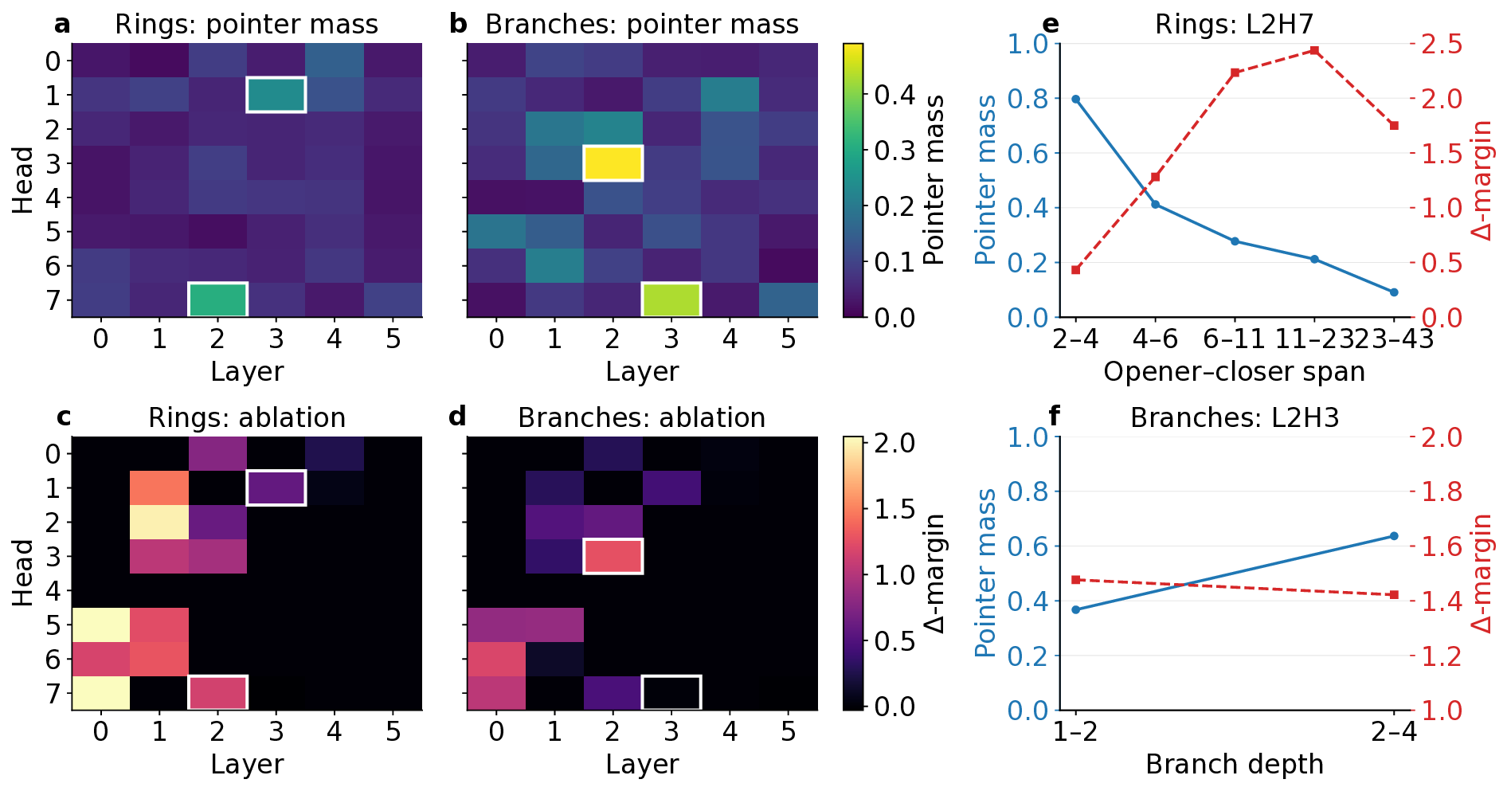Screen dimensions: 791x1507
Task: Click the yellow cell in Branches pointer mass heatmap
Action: [x=613, y=163]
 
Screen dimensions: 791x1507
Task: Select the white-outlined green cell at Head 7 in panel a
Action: [x=217, y=300]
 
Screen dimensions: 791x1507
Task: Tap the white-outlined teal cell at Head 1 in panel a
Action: [x=276, y=95]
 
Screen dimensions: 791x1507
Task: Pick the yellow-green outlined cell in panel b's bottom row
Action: [x=671, y=300]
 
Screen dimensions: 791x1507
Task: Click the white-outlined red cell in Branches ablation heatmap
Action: [x=613, y=557]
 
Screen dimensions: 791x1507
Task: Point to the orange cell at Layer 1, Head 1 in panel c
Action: [x=159, y=488]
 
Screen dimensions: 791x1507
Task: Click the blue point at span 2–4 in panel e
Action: [x=1076, y=100]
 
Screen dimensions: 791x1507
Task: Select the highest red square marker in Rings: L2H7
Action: [x=1314, y=51]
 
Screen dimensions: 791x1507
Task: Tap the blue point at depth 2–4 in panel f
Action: [x=1394, y=536]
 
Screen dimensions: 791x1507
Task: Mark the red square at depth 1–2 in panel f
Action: [x=1076, y=580]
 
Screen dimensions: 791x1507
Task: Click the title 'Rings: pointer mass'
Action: [x=246, y=25]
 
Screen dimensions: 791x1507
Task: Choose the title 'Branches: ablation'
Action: [x=641, y=418]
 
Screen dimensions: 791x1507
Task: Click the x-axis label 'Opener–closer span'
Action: [x=1234, y=372]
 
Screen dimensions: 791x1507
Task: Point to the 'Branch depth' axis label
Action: [x=1234, y=765]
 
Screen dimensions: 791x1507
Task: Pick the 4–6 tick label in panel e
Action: [x=1155, y=339]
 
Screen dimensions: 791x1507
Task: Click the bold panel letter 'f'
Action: [x=1055, y=416]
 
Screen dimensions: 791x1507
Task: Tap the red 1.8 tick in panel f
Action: [x=1442, y=491]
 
